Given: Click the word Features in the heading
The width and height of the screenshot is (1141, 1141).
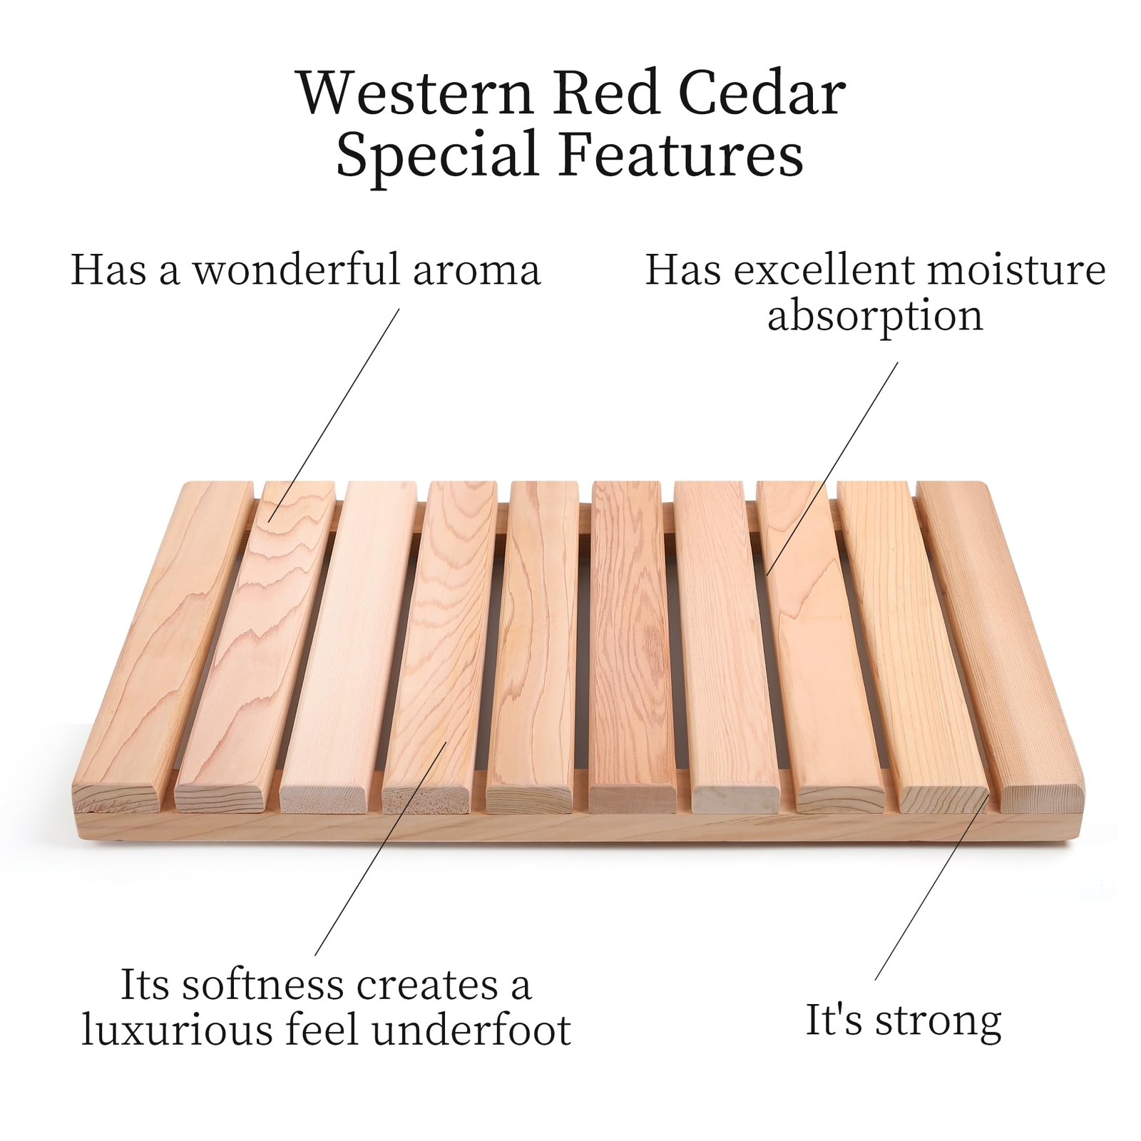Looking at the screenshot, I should pyautogui.click(x=681, y=155).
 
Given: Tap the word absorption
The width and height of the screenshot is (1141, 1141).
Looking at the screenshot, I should pyautogui.click(x=875, y=316).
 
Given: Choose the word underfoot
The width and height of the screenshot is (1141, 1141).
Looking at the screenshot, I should pyautogui.click(x=471, y=1030).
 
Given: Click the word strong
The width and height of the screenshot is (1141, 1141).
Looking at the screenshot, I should pyautogui.click(x=938, y=1021).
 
